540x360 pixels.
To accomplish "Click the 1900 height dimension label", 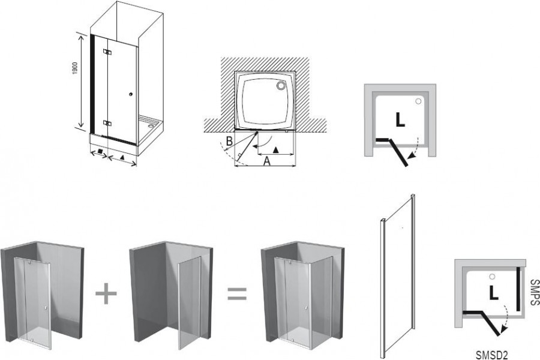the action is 75,69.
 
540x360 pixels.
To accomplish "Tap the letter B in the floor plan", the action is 229,141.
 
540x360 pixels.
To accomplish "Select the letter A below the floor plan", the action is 267,161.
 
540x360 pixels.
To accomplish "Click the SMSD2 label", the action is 492,355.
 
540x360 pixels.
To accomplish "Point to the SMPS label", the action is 535,292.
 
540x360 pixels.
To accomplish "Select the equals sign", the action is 237,294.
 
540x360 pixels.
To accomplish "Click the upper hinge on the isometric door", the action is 107,52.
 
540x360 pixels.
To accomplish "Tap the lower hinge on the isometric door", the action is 107,123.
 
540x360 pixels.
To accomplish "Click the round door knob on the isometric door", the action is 131,94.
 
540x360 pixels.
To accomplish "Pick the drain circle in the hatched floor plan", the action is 282,85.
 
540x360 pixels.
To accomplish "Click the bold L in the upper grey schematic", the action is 400,119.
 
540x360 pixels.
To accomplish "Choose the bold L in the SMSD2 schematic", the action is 494,293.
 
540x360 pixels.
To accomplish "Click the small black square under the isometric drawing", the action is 100,151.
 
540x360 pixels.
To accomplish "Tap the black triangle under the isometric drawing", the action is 122,157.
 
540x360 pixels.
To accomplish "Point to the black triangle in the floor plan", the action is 275,150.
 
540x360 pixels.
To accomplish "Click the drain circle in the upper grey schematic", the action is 418,101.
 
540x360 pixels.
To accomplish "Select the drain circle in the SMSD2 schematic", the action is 492,277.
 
